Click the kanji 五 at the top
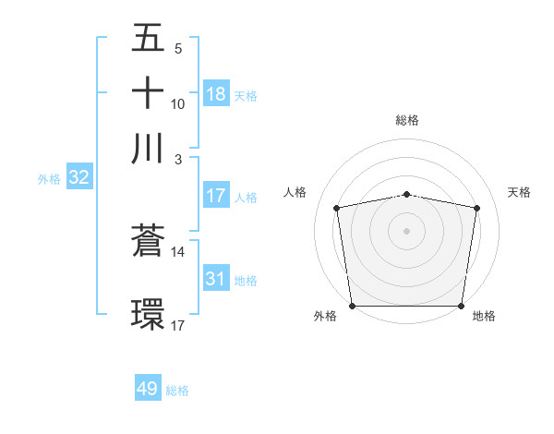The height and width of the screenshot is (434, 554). pyautogui.click(x=148, y=38)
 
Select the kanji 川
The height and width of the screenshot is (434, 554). pyautogui.click(x=148, y=147)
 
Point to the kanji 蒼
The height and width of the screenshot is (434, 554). pyautogui.click(x=148, y=241)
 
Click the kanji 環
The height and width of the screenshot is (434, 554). pyautogui.click(x=148, y=313)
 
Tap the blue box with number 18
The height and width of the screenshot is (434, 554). pyautogui.click(x=216, y=93)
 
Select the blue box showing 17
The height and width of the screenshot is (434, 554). pyautogui.click(x=216, y=196)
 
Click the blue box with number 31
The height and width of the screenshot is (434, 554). pyautogui.click(x=216, y=278)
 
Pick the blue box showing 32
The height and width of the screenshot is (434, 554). pyautogui.click(x=78, y=177)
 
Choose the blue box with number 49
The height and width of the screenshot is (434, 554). pyautogui.click(x=148, y=389)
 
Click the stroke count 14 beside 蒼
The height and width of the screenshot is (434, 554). pyautogui.click(x=178, y=251)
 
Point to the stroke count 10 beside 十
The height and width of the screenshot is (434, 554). pyautogui.click(x=178, y=103)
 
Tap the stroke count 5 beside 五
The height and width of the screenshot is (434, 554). pyautogui.click(x=178, y=48)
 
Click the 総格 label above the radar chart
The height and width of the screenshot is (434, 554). pyautogui.click(x=407, y=120)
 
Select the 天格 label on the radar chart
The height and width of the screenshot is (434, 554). pyautogui.click(x=519, y=192)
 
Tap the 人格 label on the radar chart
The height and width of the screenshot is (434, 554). pyautogui.click(x=295, y=192)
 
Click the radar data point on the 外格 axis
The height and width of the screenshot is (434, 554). pyautogui.click(x=352, y=306)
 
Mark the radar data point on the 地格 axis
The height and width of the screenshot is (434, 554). pyautogui.click(x=462, y=306)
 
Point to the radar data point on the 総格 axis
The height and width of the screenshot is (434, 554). pyautogui.click(x=407, y=194)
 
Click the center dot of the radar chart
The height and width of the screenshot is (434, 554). pyautogui.click(x=407, y=230)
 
